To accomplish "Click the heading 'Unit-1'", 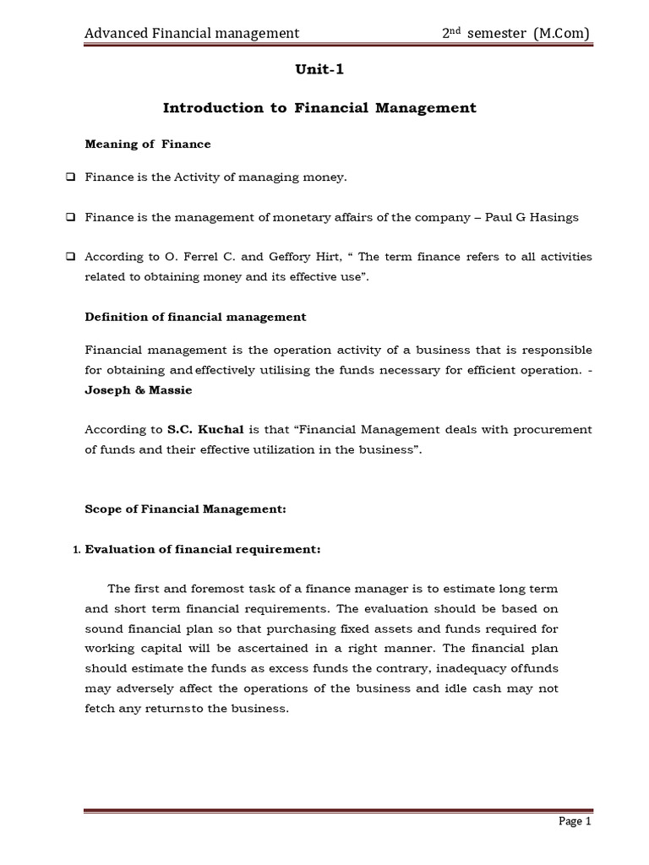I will (319, 71).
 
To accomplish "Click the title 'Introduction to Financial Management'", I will (319, 108).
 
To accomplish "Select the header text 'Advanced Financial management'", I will (191, 33).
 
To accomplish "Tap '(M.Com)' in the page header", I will (561, 33).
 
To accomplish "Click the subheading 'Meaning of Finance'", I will (148, 144).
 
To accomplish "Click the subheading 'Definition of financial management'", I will (195, 317).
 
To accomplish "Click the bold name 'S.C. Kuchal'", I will (199, 430).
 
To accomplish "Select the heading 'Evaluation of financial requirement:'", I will (203, 550).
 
